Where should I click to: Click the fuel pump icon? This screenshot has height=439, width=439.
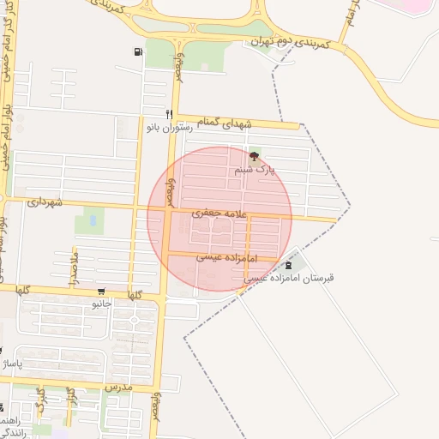point(139,52)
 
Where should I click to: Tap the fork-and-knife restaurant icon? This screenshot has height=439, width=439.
point(170,113)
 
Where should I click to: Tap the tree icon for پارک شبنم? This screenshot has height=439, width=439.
point(253,157)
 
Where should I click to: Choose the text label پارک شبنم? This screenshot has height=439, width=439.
point(255,171)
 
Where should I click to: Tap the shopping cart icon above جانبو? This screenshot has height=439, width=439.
point(102,292)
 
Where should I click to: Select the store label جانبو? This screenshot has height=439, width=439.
point(102,304)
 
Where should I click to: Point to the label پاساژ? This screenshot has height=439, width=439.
point(13,365)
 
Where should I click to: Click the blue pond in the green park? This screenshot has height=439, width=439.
point(93,223)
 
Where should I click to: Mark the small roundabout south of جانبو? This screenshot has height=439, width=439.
point(133,320)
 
